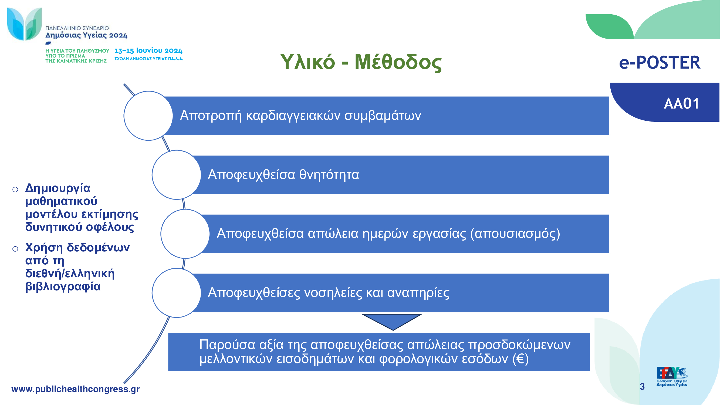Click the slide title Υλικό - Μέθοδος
(x=361, y=62)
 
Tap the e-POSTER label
(x=660, y=62)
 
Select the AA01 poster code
(x=681, y=104)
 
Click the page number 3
(x=642, y=386)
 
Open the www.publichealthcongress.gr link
(x=76, y=389)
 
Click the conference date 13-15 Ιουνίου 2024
(x=148, y=50)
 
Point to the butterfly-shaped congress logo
(x=25, y=24)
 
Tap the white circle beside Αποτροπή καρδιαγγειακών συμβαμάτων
(x=148, y=116)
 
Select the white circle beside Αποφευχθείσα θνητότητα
(x=176, y=175)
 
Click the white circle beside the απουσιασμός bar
(x=185, y=234)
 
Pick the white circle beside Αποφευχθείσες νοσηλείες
(x=176, y=293)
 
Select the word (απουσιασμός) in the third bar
(x=515, y=234)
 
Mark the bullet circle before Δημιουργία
(x=15, y=190)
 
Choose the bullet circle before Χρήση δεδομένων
(x=15, y=249)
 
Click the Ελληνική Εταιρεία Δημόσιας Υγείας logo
(x=672, y=376)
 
